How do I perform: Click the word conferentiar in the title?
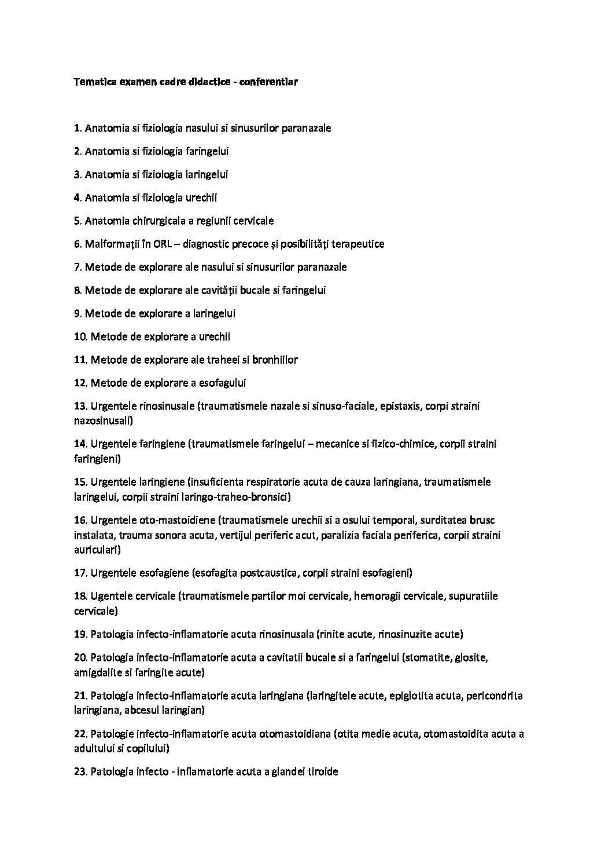(270, 82)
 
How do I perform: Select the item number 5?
(78, 221)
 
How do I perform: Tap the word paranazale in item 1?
(306, 128)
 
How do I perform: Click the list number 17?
(80, 573)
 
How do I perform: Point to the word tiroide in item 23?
(321, 772)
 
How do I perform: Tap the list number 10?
(80, 336)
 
